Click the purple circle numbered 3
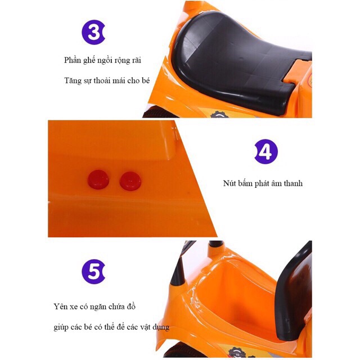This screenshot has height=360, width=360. (93, 33)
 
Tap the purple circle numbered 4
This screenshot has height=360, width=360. (266, 151)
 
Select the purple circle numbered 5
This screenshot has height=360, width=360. (93, 272)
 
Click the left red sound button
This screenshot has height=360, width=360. (98, 179)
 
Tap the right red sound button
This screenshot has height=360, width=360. (130, 181)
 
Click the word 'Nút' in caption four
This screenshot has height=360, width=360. (229, 183)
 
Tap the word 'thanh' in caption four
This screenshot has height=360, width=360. (293, 183)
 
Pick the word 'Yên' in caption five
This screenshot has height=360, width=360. (60, 307)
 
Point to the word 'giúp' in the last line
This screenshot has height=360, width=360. (61, 327)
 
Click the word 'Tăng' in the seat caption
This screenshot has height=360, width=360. (72, 81)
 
